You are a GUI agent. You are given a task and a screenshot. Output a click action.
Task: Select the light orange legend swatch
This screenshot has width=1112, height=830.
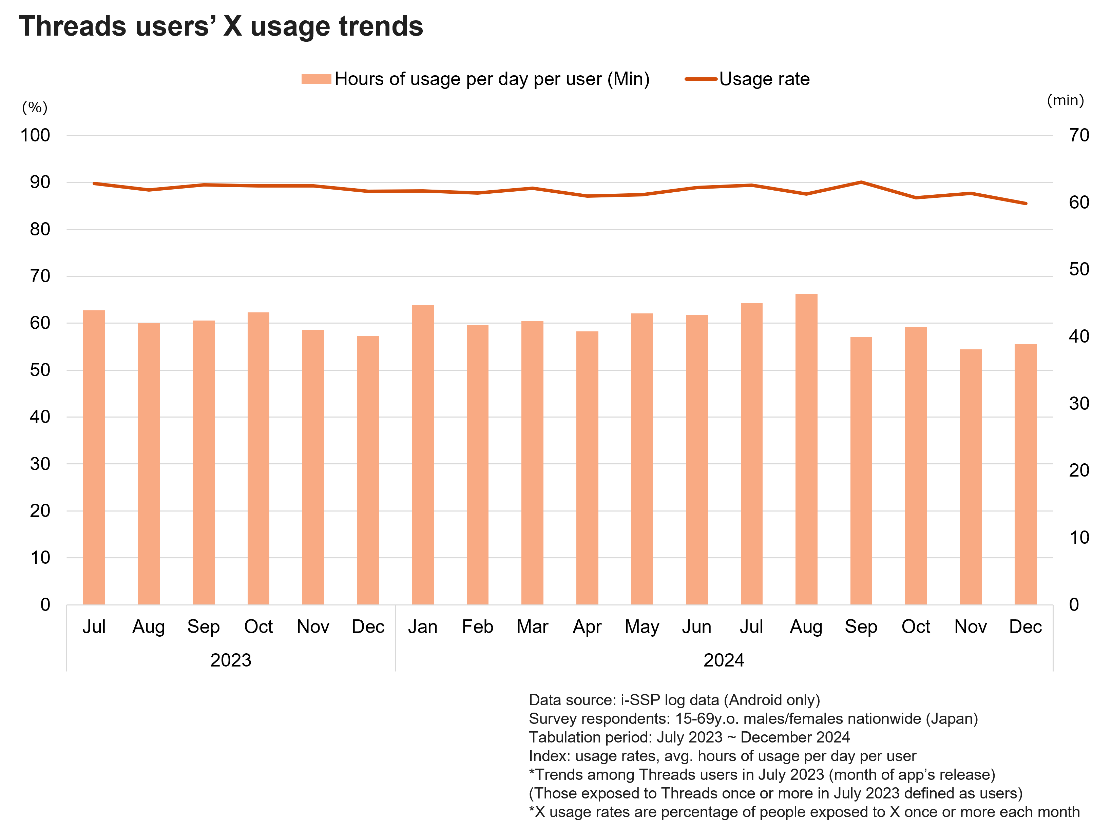click(316, 79)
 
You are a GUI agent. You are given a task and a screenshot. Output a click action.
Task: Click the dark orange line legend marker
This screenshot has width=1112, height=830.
click(701, 79)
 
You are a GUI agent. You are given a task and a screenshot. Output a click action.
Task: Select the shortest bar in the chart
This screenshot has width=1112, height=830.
click(970, 477)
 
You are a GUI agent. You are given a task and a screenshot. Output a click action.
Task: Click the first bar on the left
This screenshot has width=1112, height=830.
click(94, 457)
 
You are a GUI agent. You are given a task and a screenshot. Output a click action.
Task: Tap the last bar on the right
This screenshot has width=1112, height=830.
click(1025, 475)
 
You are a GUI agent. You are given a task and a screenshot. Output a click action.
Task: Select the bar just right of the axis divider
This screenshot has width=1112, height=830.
click(423, 455)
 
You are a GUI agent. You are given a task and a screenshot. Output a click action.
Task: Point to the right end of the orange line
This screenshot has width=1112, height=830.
click(1025, 204)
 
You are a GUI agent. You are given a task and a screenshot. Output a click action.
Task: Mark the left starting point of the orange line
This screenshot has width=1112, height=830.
click(94, 184)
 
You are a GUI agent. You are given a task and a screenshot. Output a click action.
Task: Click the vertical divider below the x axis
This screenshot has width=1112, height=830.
click(396, 638)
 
